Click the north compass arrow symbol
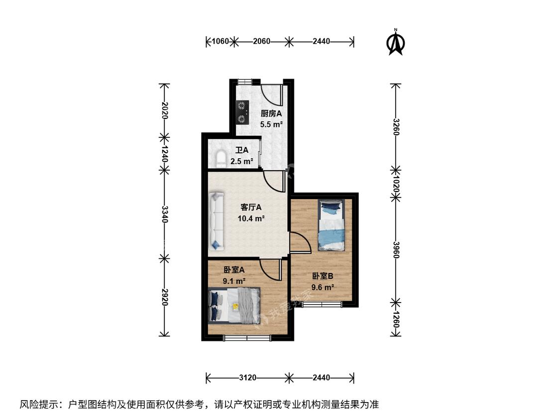[x=395, y=42]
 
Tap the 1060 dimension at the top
[x=220, y=41]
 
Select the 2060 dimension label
[x=261, y=41]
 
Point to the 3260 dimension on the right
[x=395, y=127]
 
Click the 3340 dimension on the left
[x=164, y=214]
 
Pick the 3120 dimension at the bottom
[x=247, y=378]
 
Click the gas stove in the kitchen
[x=242, y=112]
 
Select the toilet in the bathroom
[x=221, y=159]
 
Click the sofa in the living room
[x=217, y=221]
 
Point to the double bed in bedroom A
[x=234, y=305]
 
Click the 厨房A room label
[x=271, y=114]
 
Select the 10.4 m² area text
[x=251, y=218]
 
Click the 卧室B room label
[x=323, y=276]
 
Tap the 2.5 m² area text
[x=242, y=161]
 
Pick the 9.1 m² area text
[x=234, y=281]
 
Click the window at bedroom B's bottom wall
[x=322, y=304]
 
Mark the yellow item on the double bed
[x=235, y=306]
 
